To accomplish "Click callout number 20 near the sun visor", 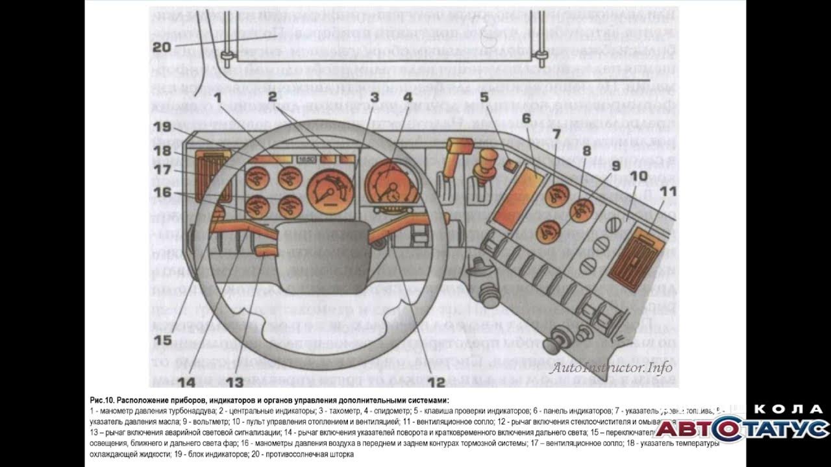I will [x=162, y=46].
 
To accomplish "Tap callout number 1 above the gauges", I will [x=219, y=98].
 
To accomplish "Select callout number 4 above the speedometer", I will [x=407, y=98].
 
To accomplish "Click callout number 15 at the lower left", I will [x=163, y=339].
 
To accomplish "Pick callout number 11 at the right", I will [x=668, y=192].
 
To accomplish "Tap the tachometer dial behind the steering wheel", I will [x=330, y=189].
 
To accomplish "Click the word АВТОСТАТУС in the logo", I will [x=741, y=429].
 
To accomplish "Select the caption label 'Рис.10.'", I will [x=103, y=401].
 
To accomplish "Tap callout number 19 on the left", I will [x=163, y=126].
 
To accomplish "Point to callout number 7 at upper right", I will [x=556, y=135].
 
